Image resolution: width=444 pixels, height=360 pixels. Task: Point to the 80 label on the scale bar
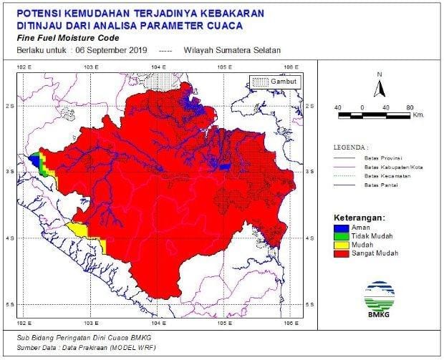410,107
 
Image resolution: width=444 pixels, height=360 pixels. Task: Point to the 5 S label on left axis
10,305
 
